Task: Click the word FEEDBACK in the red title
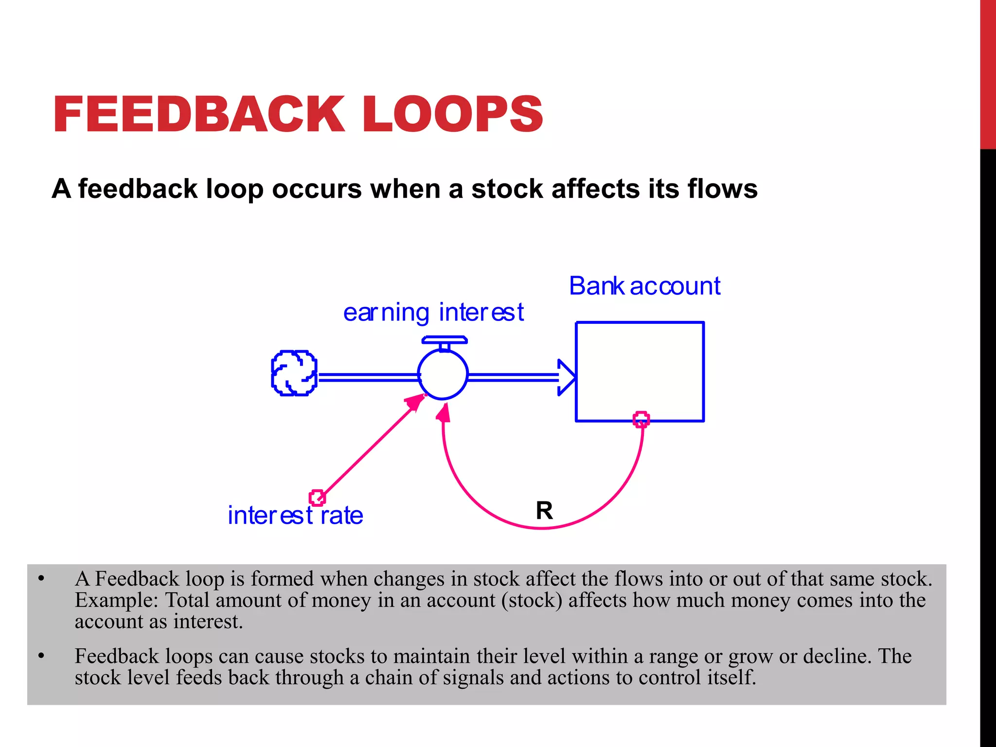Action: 198,114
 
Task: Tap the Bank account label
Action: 644,286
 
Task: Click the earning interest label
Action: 433,312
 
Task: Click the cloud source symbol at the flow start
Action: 294,373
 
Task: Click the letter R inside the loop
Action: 544,511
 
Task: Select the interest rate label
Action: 295,516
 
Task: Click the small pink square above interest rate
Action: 317,498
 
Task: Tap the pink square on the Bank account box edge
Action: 641,419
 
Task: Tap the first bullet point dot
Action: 41,579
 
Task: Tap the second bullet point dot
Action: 41,657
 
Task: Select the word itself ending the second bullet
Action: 731,677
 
